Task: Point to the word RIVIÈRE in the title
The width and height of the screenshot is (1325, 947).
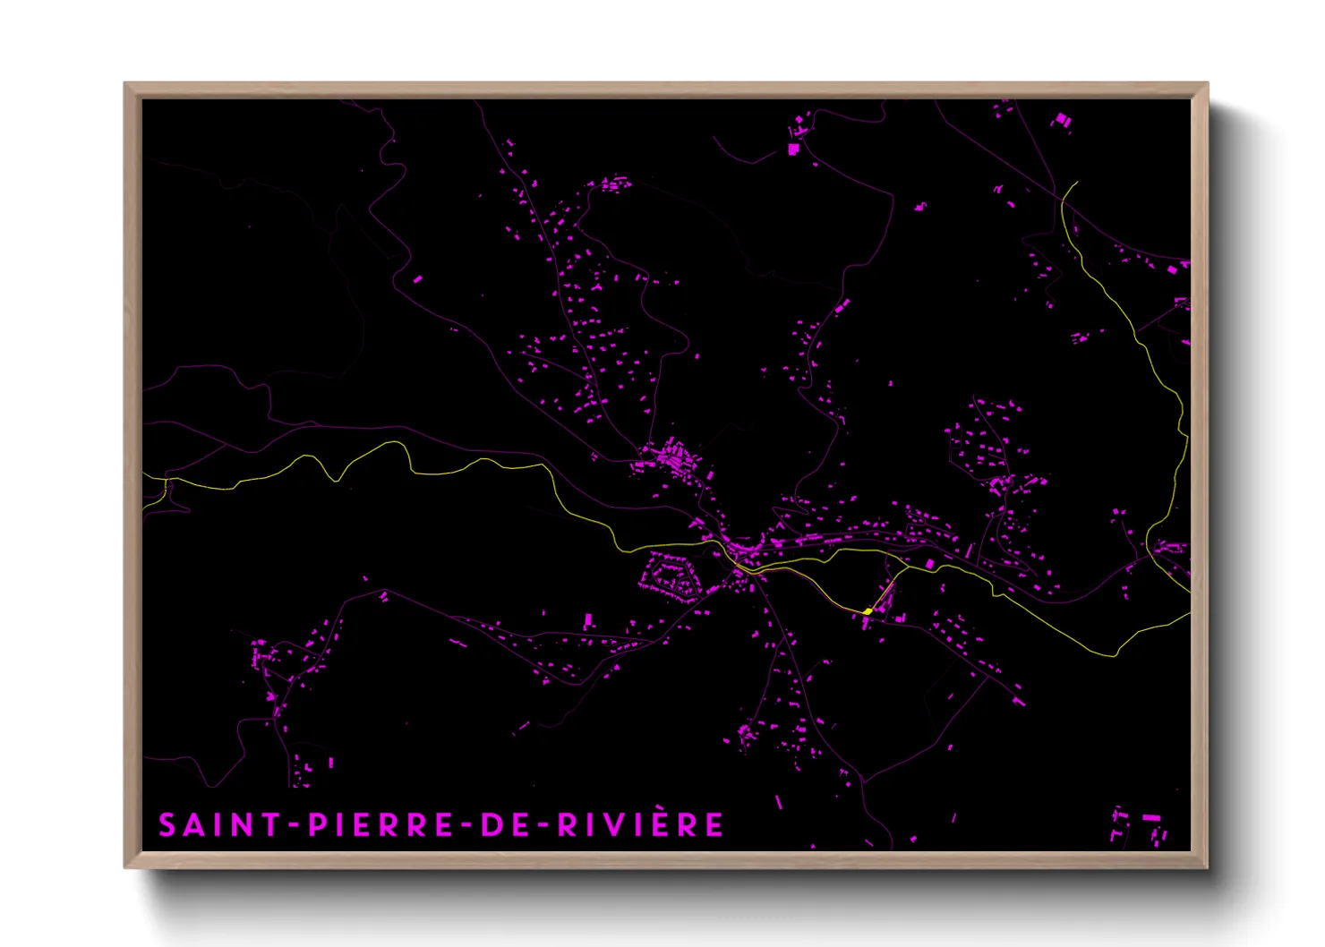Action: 641,825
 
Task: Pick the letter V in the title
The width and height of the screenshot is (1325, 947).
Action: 631,825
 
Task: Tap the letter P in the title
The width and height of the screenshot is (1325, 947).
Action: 317,825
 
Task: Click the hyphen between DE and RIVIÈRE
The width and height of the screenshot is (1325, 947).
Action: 541,825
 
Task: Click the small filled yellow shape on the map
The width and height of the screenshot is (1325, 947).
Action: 868,611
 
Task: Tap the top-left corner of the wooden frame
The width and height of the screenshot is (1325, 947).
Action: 126,84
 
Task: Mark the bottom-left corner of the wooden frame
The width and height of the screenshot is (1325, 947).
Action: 126,866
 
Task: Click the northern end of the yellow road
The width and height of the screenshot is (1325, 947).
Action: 1076,183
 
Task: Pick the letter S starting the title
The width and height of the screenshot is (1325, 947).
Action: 167,825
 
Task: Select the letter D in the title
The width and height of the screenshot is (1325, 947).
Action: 491,825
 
